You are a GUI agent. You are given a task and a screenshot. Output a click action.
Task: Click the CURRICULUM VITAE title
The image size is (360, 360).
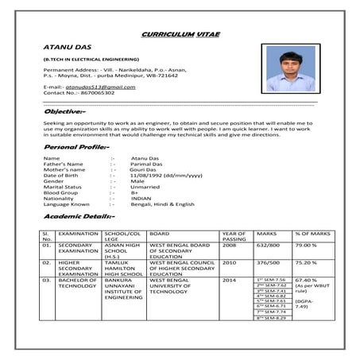(x=180, y=35)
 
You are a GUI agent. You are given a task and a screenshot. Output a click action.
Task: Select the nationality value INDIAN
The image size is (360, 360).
(x=141, y=198)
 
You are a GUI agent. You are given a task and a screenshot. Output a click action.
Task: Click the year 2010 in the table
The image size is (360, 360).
(x=229, y=261)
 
